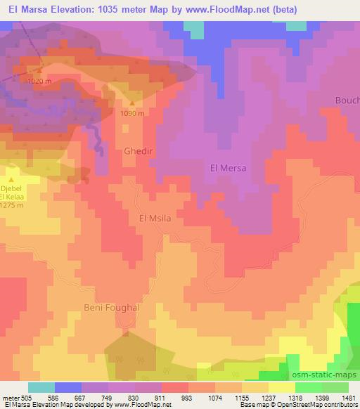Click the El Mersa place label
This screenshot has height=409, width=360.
[x=229, y=169]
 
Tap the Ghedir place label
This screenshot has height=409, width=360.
[x=138, y=151]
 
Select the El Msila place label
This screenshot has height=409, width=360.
[x=155, y=219]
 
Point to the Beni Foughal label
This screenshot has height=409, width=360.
[x=112, y=308]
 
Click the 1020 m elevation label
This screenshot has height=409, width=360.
[x=39, y=82]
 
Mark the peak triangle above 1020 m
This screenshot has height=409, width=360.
[x=39, y=71]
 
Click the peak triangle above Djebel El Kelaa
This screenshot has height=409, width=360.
[x=11, y=180]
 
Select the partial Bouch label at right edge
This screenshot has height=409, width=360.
[x=347, y=100]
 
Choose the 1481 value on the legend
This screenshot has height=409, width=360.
[x=341, y=398]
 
